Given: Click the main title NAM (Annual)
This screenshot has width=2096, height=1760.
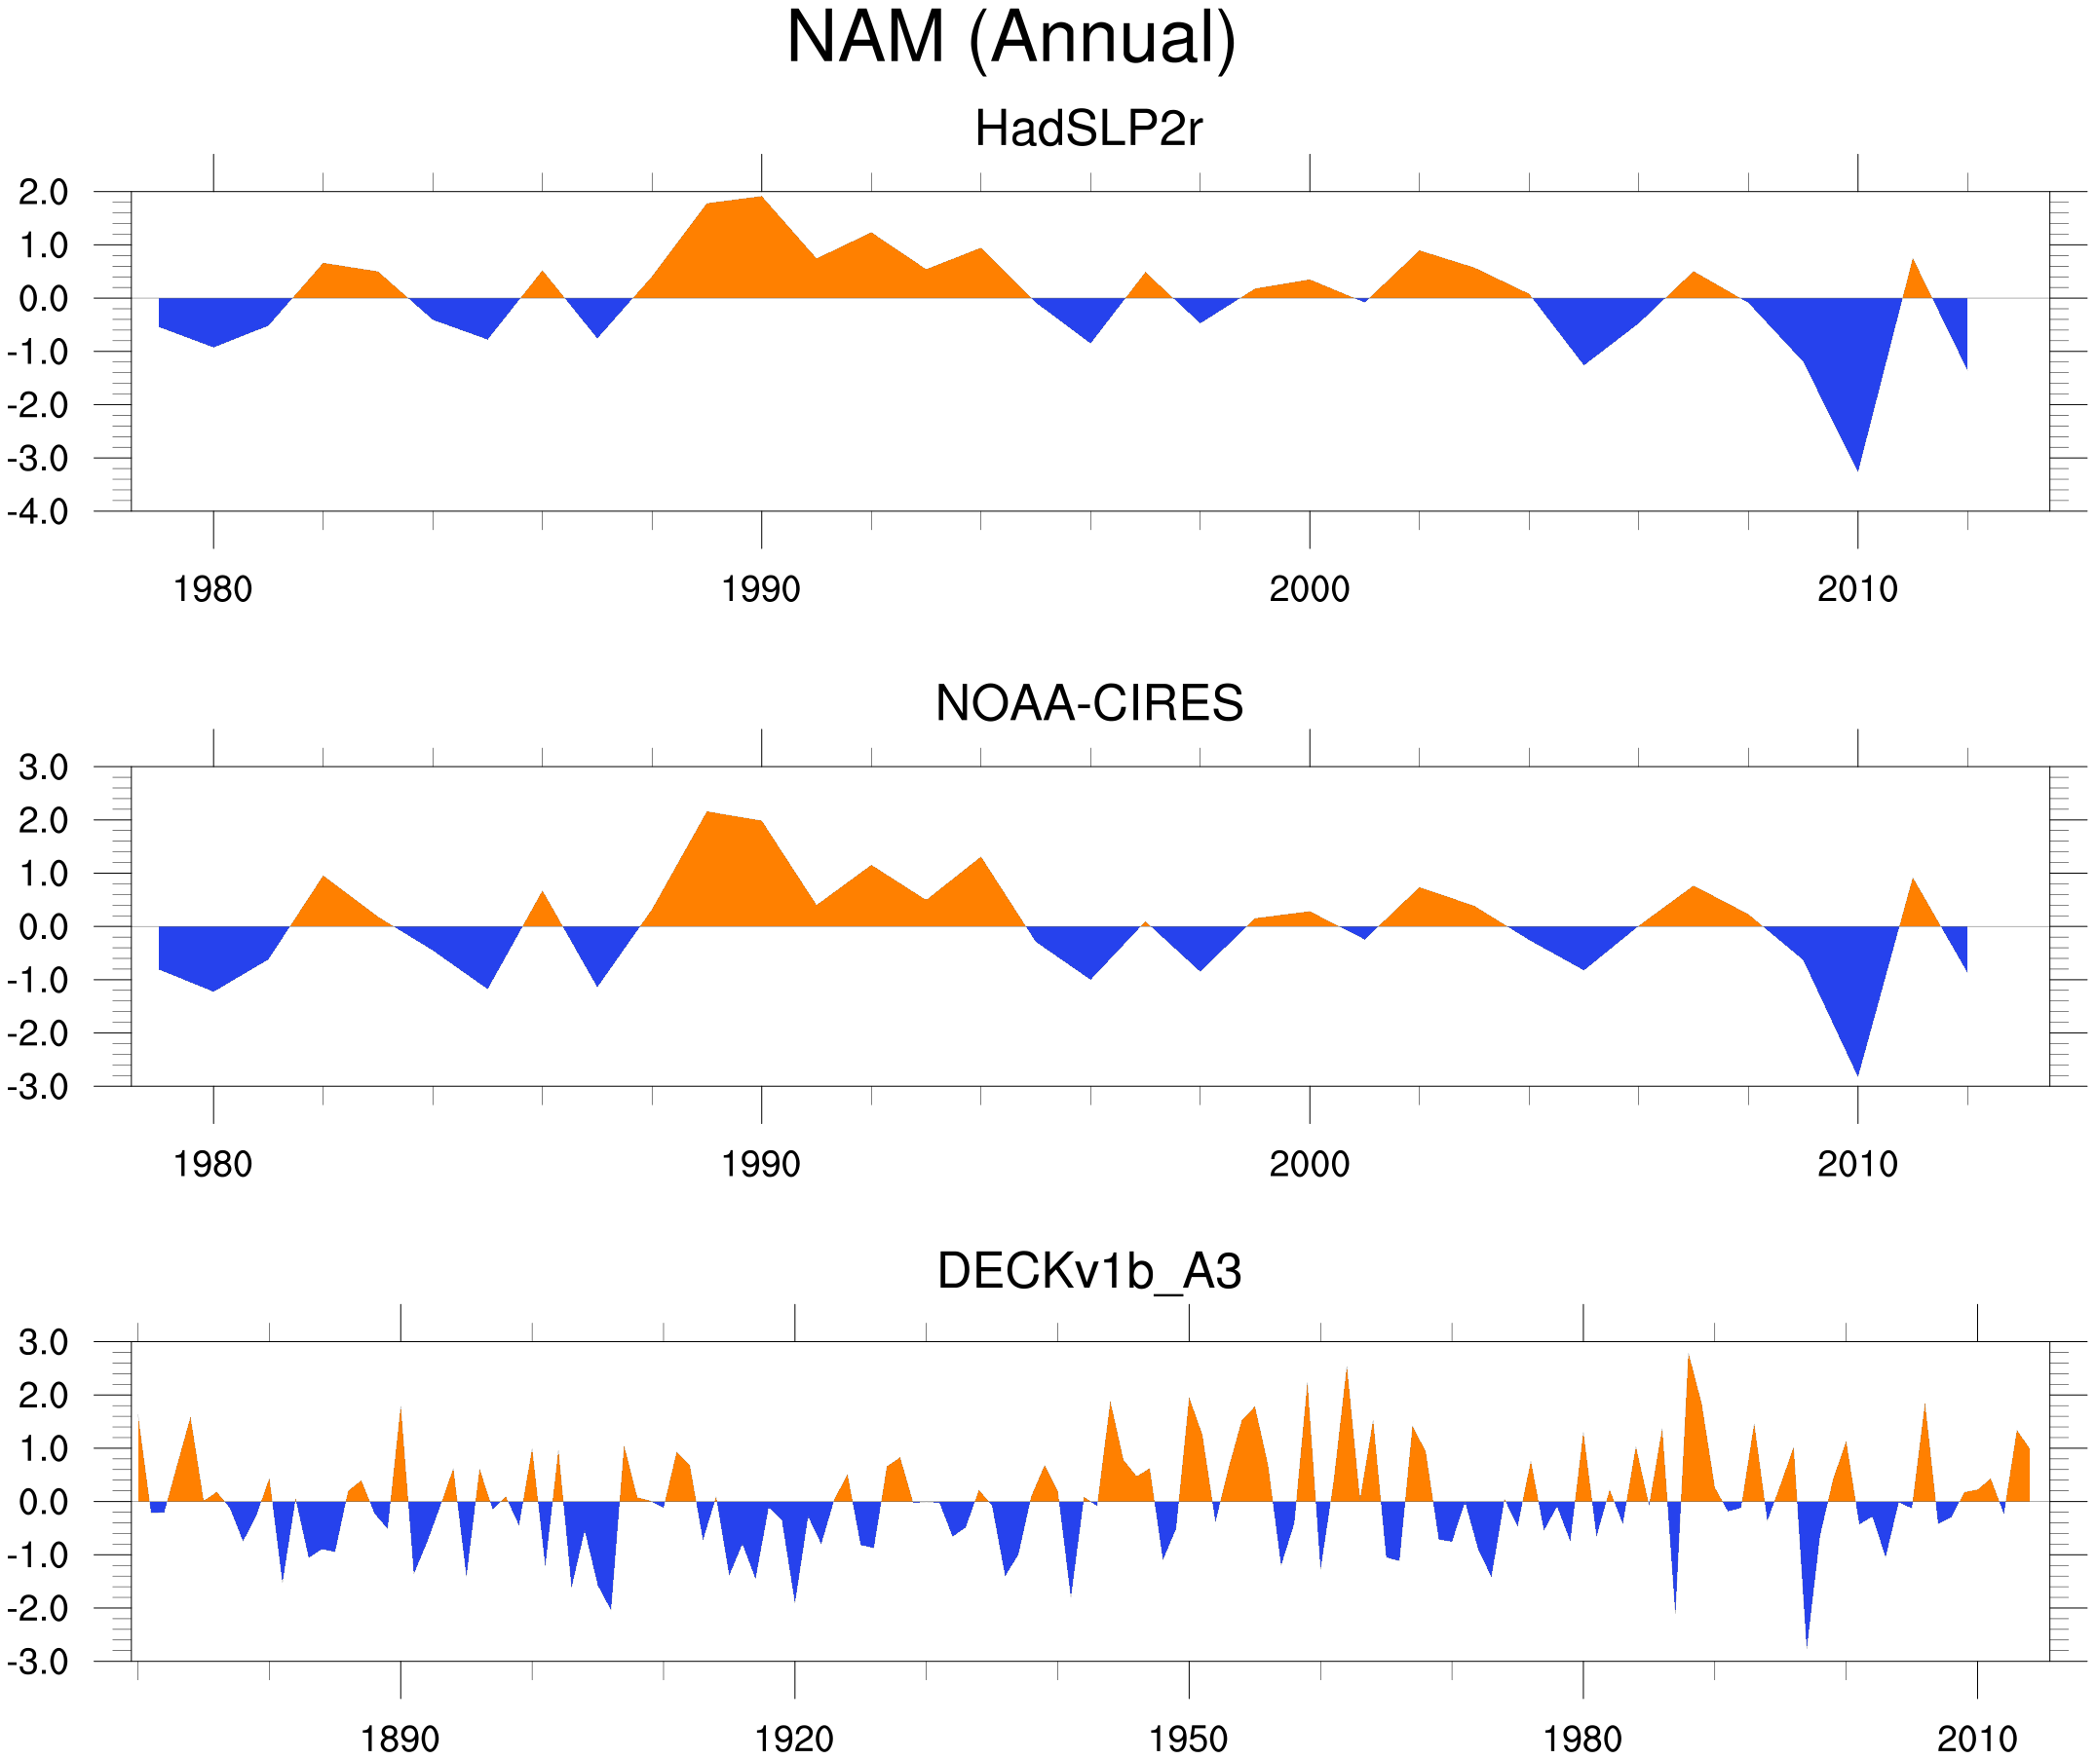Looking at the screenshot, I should (x=1010, y=38).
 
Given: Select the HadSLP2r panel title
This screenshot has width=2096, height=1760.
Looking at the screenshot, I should (x=1087, y=129).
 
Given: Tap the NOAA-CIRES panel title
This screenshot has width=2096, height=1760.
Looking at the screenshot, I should (x=1087, y=703).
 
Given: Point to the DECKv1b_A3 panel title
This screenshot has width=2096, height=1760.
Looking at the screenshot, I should (x=1087, y=1271).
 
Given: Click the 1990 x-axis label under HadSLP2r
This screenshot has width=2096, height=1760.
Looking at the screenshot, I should (x=761, y=589).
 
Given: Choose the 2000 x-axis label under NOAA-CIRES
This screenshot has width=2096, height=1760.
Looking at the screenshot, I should (x=1309, y=1164).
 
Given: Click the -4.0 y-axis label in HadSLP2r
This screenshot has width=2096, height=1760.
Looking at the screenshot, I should (x=38, y=513).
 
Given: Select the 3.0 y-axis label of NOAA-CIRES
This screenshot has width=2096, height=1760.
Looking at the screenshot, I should (x=43, y=768).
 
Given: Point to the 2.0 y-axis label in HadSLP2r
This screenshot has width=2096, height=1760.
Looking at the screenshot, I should (x=43, y=193).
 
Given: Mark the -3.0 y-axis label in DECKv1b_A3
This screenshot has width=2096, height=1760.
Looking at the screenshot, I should (x=38, y=1664).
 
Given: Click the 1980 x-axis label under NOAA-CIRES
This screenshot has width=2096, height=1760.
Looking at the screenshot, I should (x=212, y=1164).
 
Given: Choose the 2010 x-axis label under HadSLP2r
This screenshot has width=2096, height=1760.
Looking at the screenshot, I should (x=1856, y=589).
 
